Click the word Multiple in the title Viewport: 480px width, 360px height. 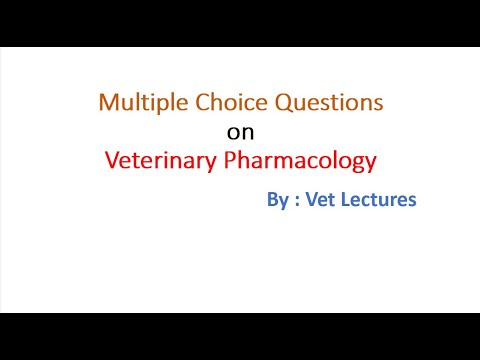(x=134, y=102)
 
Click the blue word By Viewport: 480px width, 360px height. (x=277, y=200)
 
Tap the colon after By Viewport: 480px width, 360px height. (x=296, y=201)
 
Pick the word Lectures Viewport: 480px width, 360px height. (x=379, y=200)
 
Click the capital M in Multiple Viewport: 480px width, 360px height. (x=107, y=102)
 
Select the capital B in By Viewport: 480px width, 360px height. (x=272, y=200)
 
